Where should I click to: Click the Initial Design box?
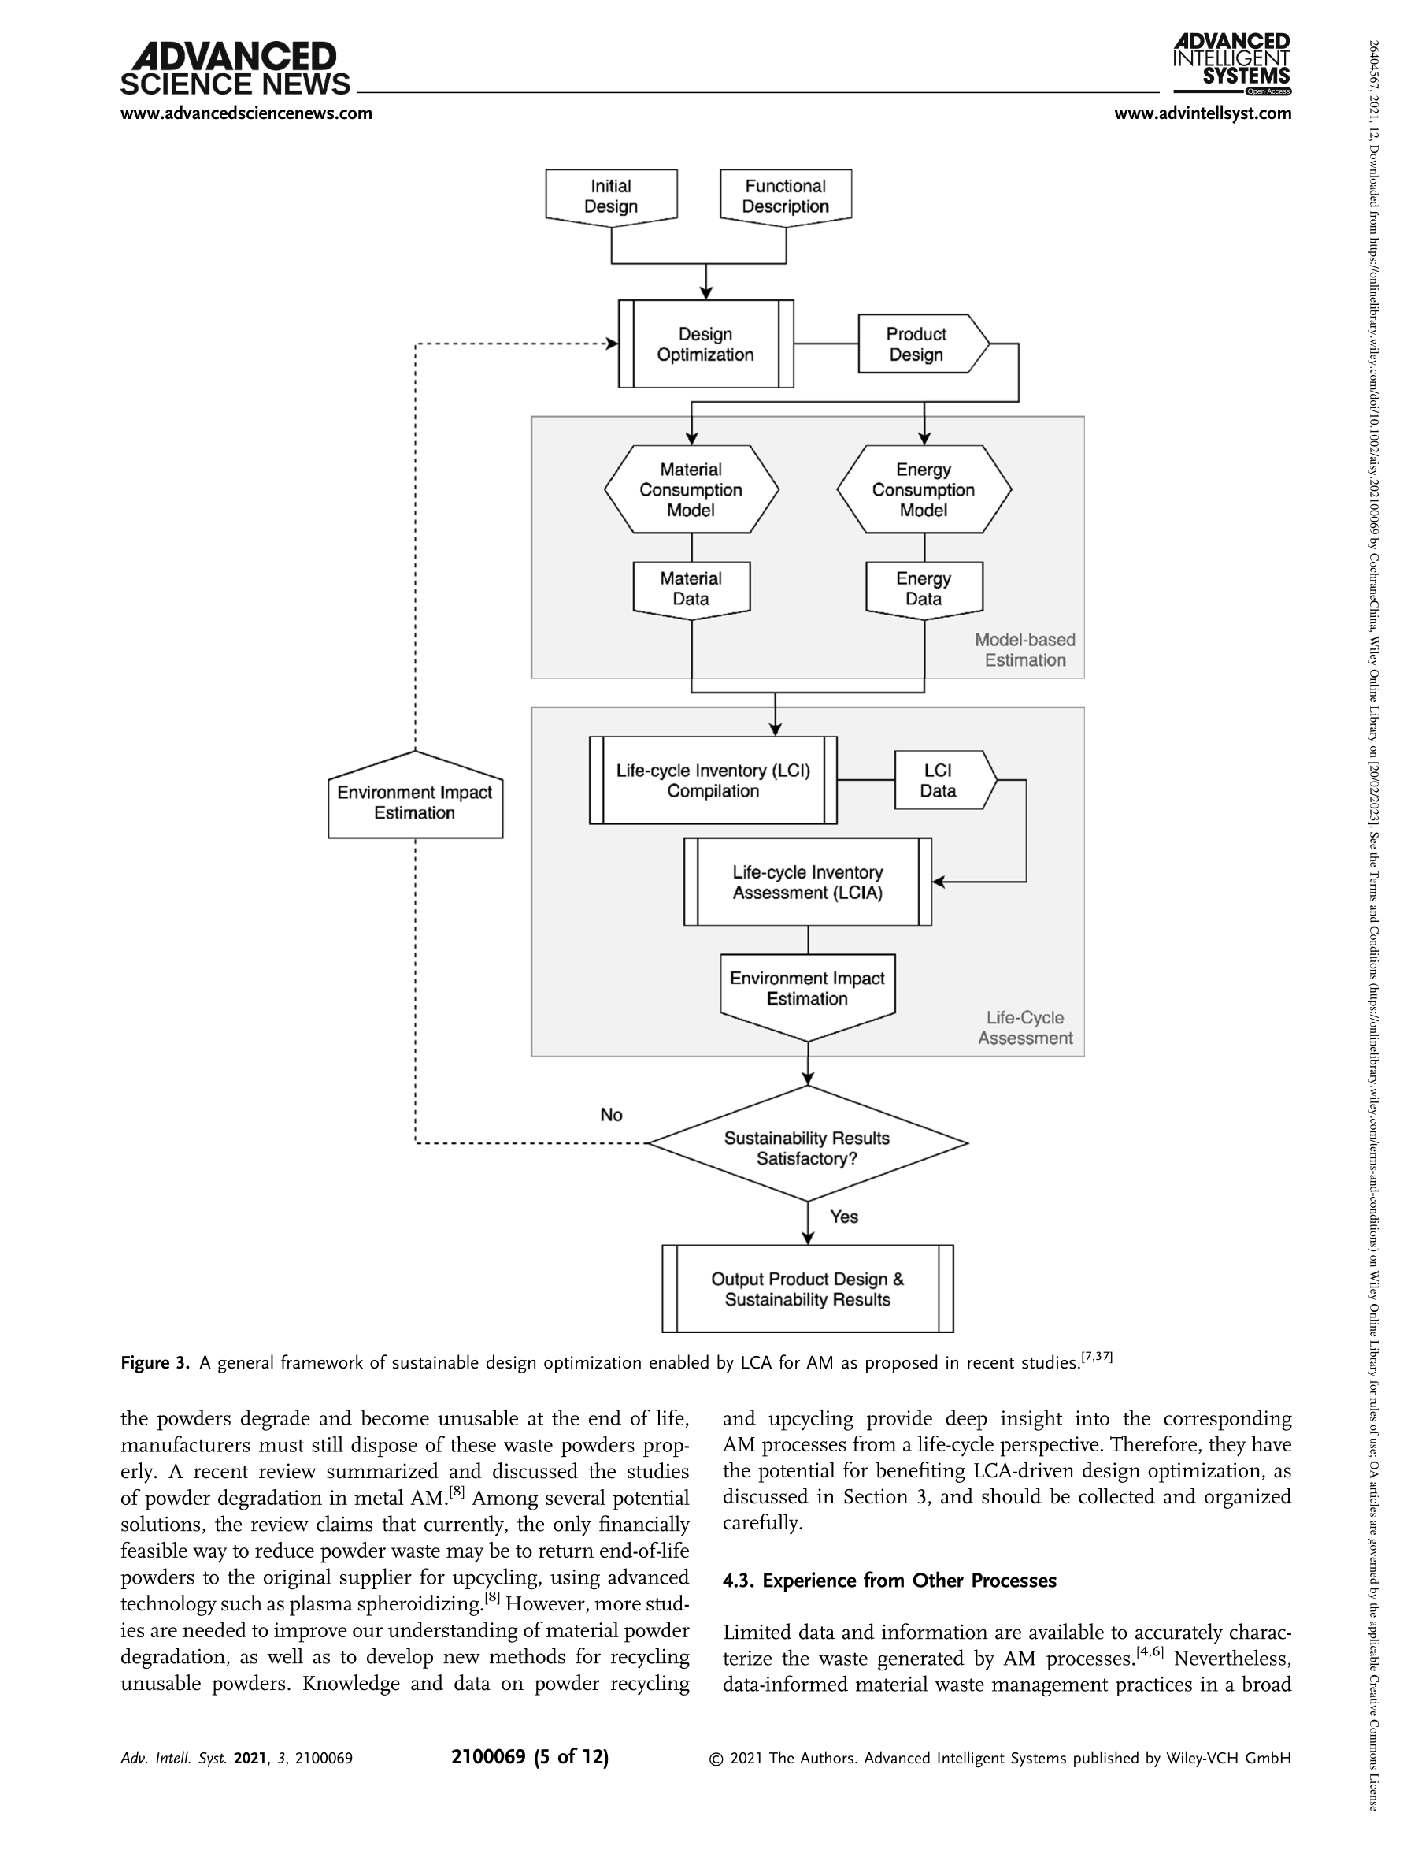coord(611,197)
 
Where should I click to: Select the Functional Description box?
coord(786,197)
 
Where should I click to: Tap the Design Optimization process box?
coord(706,344)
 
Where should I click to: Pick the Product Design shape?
coord(923,344)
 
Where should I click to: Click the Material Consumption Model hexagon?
coord(692,489)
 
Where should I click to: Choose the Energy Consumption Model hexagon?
coord(924,489)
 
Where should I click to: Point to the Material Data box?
coord(691,590)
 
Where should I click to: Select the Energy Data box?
coord(924,590)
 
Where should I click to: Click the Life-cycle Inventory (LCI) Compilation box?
coord(713,780)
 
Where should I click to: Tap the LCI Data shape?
coord(946,780)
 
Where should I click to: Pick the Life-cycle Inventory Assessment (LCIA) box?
coord(808,882)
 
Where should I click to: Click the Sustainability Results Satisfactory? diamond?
coord(808,1142)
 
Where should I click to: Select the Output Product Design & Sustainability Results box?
coord(808,1289)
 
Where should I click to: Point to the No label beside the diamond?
coord(611,1114)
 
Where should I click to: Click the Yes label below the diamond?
coord(844,1217)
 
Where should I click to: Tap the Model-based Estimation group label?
coord(1025,649)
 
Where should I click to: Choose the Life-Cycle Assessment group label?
coord(1025,1027)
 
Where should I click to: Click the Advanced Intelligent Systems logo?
coord(1232,65)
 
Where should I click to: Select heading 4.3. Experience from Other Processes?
coord(890,1581)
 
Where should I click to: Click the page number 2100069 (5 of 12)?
coord(530,1756)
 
